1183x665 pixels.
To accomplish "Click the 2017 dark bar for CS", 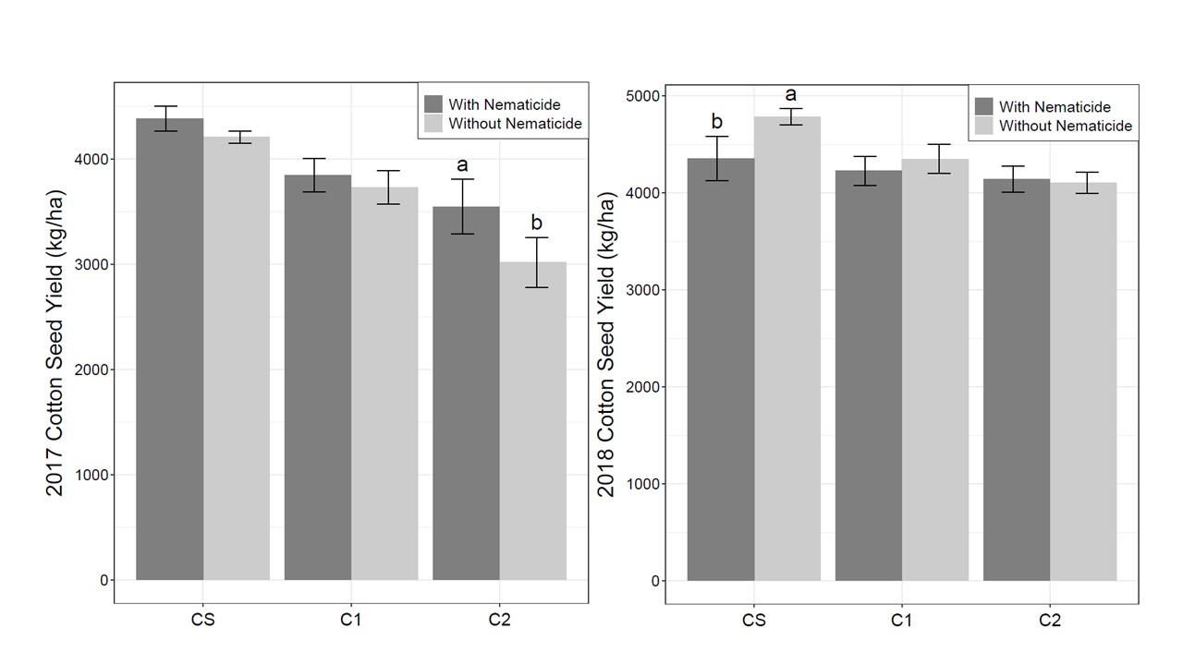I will (x=169, y=351).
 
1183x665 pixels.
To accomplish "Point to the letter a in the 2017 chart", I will (x=462, y=165).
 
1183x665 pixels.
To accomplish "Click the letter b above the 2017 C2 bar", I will (x=537, y=223).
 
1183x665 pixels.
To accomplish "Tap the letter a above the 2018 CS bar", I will (x=790, y=94).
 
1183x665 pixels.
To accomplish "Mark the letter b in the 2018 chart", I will (x=716, y=121).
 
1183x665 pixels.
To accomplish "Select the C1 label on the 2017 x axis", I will (x=350, y=620).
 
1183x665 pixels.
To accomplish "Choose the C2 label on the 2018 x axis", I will (x=1049, y=621).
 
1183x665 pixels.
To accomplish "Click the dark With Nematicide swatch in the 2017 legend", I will (x=433, y=103).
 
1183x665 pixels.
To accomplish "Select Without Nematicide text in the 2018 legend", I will (x=1065, y=126).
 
